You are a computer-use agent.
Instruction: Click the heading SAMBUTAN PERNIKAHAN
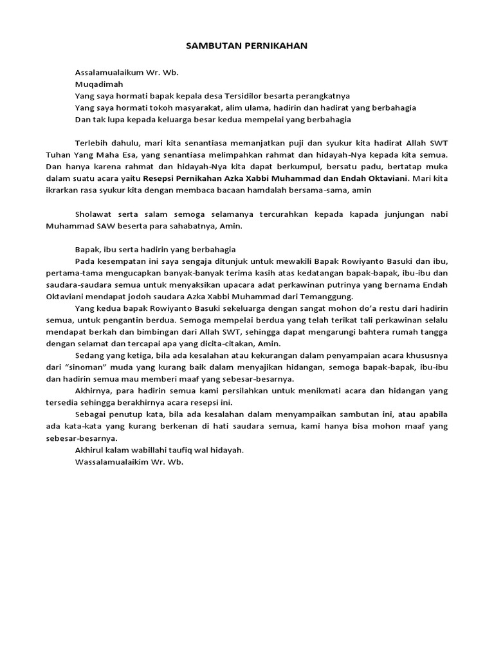247,46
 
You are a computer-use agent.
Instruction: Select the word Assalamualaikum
107,72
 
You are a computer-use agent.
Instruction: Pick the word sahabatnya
192,226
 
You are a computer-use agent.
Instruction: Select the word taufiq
187,450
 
